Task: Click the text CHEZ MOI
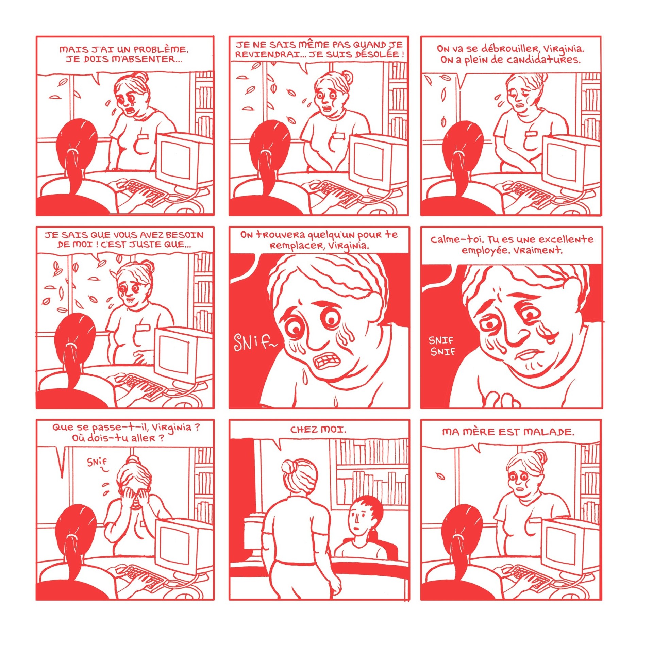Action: click(x=318, y=430)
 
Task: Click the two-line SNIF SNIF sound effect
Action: click(x=442, y=346)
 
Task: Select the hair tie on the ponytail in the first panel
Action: click(x=73, y=150)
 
